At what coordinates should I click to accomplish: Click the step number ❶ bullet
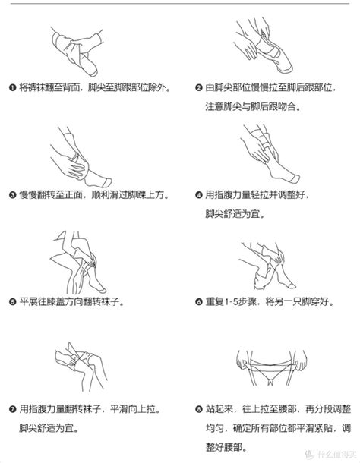[12, 88]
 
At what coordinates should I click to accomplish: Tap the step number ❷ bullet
[199, 88]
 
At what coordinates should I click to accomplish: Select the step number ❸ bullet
[12, 195]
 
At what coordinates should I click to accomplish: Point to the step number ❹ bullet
[199, 195]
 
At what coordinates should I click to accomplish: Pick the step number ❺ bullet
[12, 302]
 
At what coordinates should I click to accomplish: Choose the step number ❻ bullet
[199, 302]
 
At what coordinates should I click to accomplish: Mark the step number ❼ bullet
[12, 409]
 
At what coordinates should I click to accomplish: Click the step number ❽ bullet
[199, 409]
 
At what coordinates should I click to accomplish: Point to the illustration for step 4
[270, 153]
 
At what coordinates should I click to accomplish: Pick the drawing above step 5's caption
[78, 262]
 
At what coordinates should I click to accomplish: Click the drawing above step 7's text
[81, 367]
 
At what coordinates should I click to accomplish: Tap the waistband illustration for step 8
[271, 367]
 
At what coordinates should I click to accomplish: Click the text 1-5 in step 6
[232, 302]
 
